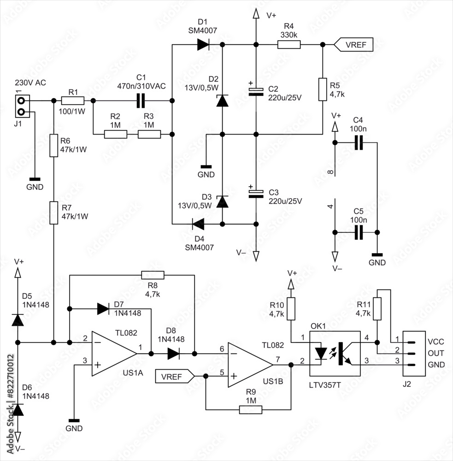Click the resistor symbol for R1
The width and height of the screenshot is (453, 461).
[x=73, y=100]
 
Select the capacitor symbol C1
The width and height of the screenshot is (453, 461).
[x=141, y=100]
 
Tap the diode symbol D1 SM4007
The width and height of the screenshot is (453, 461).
[x=204, y=45]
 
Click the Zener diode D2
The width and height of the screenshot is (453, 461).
[x=223, y=100]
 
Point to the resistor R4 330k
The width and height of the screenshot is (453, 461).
[x=288, y=45]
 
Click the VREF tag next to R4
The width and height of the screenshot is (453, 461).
[x=350, y=45]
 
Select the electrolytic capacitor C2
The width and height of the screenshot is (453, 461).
[x=256, y=91]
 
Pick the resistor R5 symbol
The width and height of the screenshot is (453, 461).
[x=323, y=89]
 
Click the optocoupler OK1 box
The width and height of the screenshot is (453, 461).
[x=334, y=354]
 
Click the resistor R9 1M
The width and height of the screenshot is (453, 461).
[x=251, y=409]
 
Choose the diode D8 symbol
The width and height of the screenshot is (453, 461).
[x=173, y=354]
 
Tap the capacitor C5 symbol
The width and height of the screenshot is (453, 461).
[x=359, y=233]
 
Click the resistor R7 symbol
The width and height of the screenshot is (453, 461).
[x=54, y=212]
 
